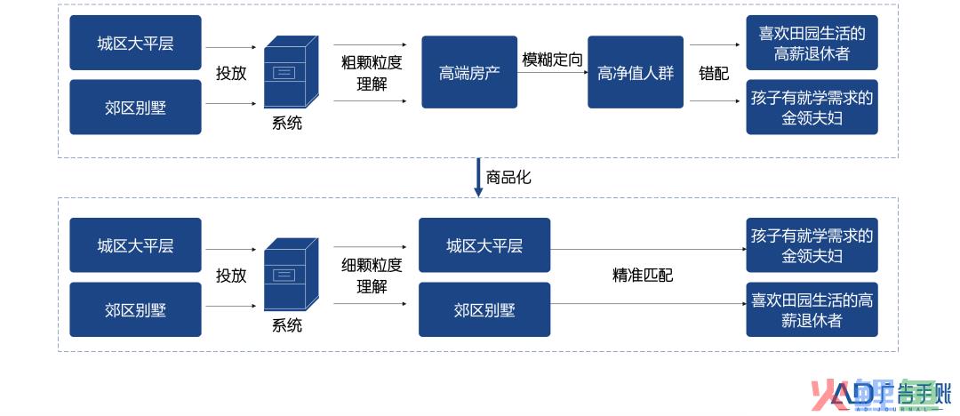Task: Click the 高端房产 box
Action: tap(469, 72)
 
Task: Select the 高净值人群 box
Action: tap(636, 72)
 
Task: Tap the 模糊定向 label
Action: tap(552, 60)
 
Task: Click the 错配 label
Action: tap(714, 73)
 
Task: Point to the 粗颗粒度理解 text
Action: tap(372, 73)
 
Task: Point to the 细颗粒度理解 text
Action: tap(372, 275)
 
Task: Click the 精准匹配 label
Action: tap(643, 275)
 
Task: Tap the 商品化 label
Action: tap(508, 178)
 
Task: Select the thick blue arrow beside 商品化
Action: tap(479, 178)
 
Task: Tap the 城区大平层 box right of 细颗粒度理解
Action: tap(484, 245)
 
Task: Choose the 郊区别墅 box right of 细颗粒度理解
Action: tap(484, 309)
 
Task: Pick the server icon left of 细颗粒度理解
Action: tap(291, 274)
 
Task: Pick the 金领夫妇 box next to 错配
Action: tap(812, 108)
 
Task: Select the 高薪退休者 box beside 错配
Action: tap(812, 43)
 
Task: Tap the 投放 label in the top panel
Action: tap(231, 73)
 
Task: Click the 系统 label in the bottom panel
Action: tap(287, 324)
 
